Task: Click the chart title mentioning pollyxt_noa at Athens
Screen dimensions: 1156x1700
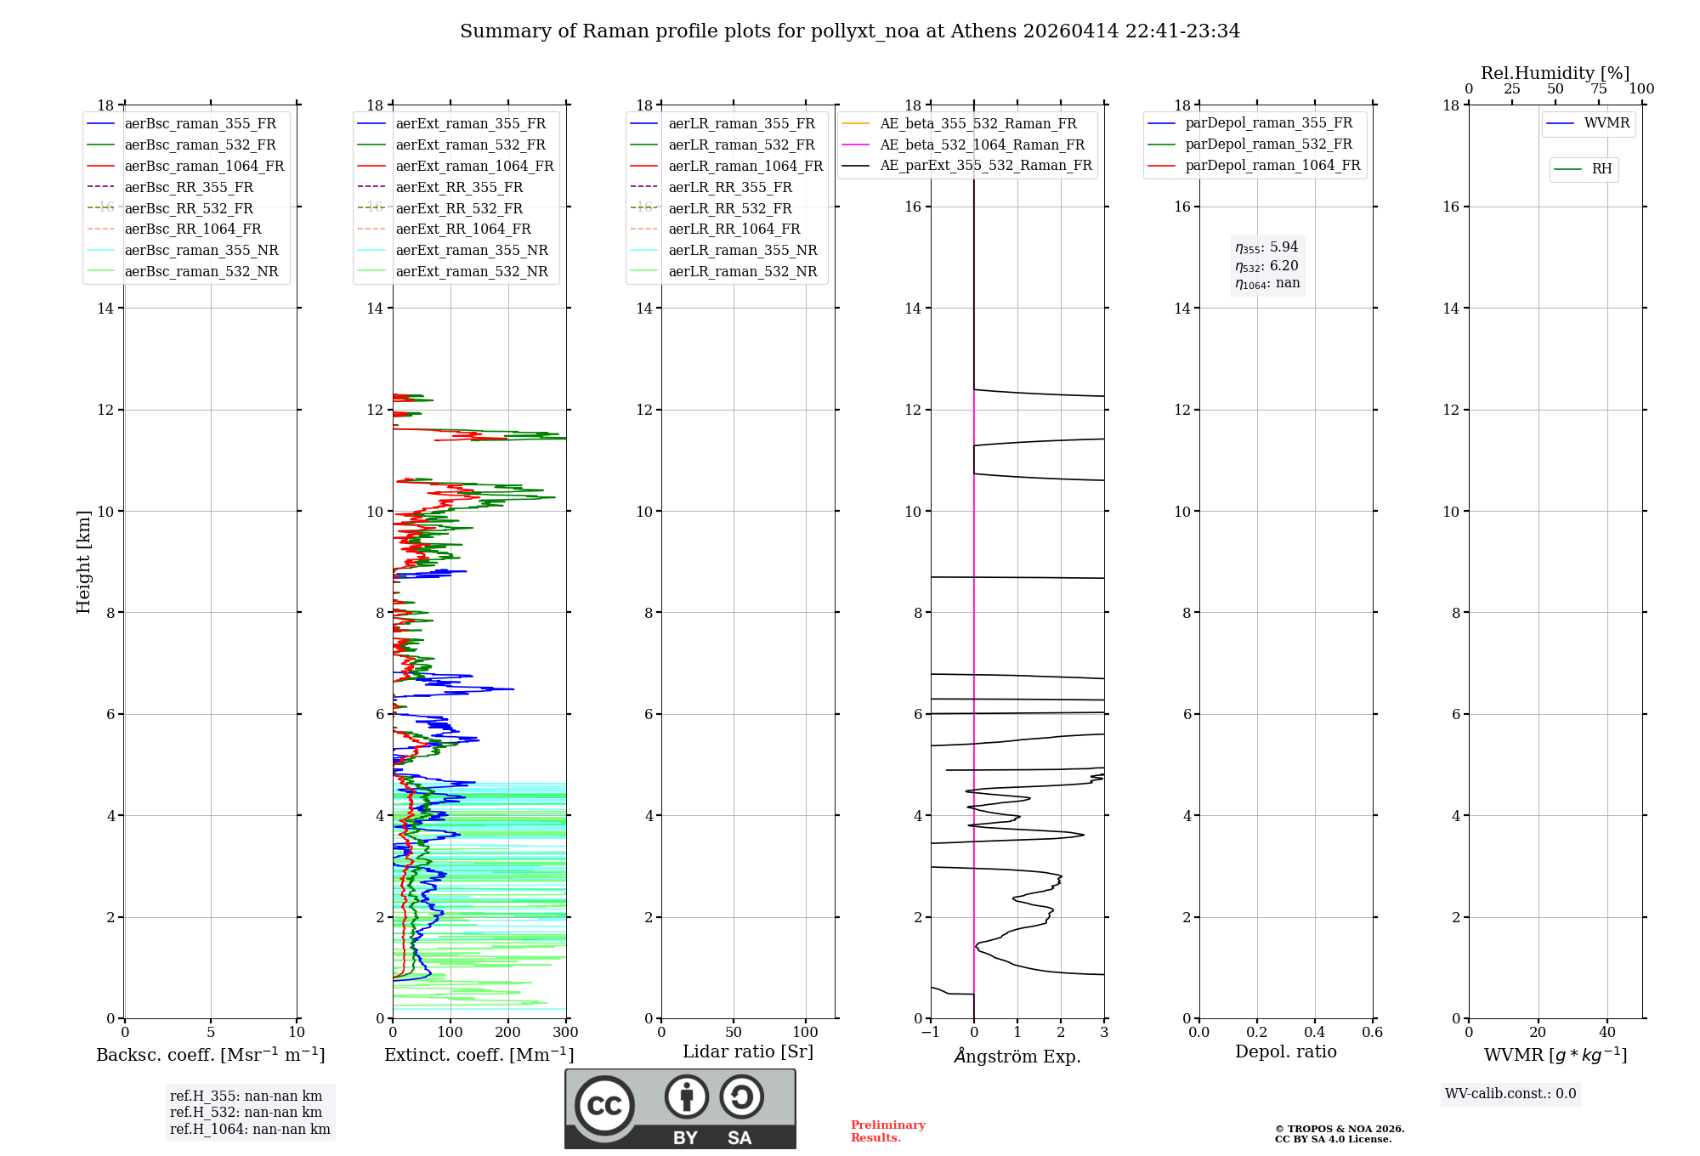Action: click(849, 31)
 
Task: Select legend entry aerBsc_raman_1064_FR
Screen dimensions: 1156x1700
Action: click(204, 167)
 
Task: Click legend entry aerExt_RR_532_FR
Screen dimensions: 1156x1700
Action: click(459, 208)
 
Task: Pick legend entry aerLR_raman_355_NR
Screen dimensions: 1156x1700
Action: click(742, 251)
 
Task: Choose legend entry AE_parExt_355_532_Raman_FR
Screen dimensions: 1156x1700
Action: click(985, 166)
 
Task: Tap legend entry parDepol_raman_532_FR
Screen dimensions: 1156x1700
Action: click(1268, 144)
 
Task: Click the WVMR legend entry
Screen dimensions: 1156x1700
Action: click(1606, 124)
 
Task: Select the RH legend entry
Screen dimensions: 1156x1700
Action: click(1601, 169)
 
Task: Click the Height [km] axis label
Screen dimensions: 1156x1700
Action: click(83, 562)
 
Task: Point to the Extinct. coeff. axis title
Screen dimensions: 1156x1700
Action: click(479, 1055)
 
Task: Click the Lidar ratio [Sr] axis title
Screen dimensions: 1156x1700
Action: click(748, 1052)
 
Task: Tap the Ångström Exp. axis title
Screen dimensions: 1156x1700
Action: click(1017, 1056)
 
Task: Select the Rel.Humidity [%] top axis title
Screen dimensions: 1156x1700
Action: click(1555, 73)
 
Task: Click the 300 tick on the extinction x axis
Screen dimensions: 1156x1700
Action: click(565, 1033)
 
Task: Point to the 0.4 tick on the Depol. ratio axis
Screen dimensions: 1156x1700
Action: click(1315, 1033)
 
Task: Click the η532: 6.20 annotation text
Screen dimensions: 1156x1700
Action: click(1266, 266)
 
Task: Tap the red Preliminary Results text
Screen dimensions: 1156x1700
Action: click(887, 1131)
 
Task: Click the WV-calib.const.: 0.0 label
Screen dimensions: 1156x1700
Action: click(1510, 1094)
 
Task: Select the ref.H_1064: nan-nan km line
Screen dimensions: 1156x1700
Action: click(250, 1130)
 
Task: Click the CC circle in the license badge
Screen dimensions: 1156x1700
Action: click(604, 1105)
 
